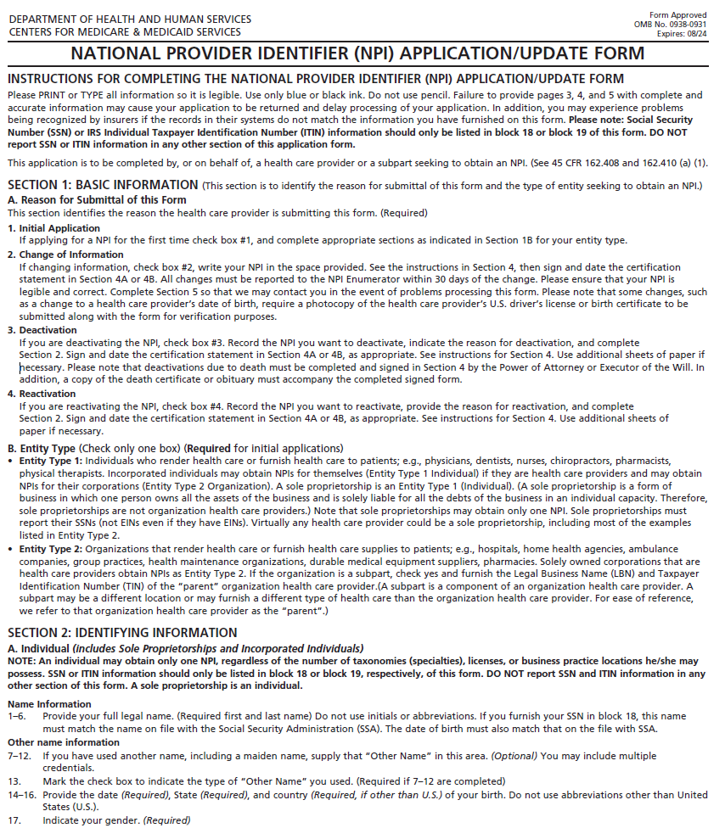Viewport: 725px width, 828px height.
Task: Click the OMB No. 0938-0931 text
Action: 670,25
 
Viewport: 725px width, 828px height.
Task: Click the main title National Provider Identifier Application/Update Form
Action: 357,54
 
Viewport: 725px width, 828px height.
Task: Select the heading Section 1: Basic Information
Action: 103,185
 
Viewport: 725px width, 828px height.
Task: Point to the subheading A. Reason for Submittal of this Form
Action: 97,200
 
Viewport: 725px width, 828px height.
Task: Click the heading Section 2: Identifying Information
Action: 122,632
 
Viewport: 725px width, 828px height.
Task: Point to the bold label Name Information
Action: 49,704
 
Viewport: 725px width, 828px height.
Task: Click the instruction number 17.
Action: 14,820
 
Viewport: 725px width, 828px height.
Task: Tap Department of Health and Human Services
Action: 130,20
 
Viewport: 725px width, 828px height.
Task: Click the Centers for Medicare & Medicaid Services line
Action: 125,32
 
